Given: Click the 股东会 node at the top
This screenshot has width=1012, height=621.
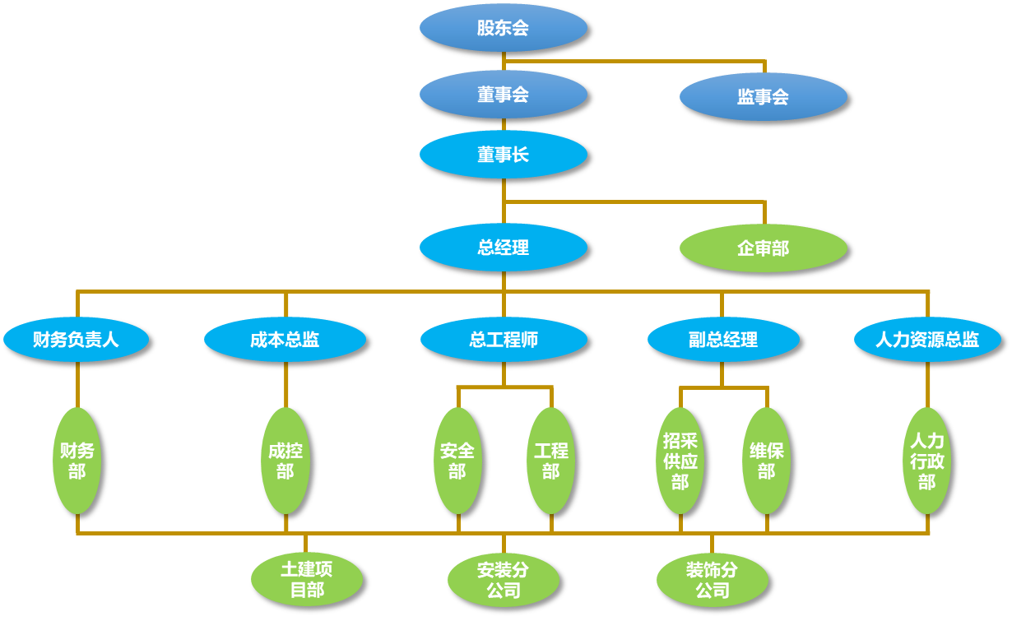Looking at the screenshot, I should point(503,29).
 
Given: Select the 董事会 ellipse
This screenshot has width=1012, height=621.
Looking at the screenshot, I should point(503,95).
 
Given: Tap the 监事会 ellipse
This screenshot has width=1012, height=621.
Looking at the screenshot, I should point(763,97).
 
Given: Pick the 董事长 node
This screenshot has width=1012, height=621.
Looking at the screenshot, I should point(503,155).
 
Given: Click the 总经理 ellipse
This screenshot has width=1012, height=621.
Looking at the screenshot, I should point(503,248).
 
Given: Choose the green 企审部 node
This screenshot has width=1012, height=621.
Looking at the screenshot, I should point(763,248).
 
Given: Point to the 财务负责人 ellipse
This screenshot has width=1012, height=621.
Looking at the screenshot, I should point(76,340).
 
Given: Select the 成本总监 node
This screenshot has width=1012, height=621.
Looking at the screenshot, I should point(285,340).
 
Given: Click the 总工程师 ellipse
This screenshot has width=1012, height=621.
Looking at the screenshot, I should point(504,340).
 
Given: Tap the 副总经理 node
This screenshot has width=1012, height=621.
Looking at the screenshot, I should point(723,340).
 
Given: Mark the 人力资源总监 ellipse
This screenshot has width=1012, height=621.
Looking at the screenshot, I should point(927,340).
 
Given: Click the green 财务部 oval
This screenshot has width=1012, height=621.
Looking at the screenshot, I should point(77,461).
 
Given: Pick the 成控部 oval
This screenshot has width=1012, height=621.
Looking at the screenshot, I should point(285,461).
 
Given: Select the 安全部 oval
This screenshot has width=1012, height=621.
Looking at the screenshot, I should point(457,461).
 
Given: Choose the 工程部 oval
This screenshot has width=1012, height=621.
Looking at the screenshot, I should point(550,461).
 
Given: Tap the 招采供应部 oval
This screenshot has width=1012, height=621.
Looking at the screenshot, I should point(680,461).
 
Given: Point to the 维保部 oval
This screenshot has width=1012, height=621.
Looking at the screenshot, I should point(766,461).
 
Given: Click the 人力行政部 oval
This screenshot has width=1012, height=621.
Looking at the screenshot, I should point(927,461).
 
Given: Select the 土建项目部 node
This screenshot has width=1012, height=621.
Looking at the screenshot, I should point(307,579).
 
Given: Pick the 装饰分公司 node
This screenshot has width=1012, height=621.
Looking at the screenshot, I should point(713,580).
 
